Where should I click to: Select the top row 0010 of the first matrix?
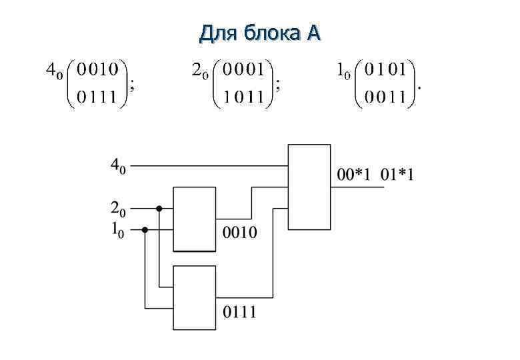98,69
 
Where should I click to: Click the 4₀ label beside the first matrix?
52,71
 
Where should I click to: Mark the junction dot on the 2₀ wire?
159,208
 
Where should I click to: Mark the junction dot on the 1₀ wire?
145,229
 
